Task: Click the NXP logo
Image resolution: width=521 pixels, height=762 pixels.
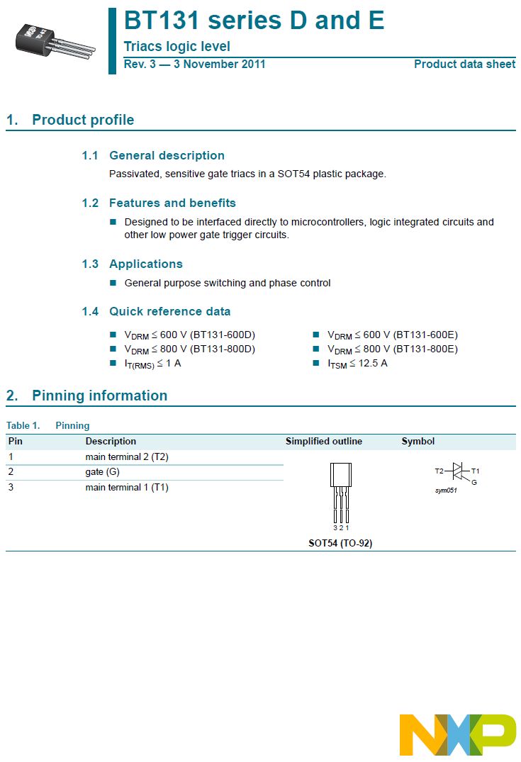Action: click(457, 734)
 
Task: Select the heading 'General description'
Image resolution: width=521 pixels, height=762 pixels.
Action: click(167, 155)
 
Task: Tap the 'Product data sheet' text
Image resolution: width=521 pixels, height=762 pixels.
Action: click(464, 65)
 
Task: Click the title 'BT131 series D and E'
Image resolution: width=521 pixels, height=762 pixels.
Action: click(254, 21)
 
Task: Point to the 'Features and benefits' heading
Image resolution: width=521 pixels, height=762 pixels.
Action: click(172, 203)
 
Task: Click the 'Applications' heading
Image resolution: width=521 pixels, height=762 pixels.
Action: click(145, 264)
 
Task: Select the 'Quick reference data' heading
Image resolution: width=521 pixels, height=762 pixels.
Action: click(169, 311)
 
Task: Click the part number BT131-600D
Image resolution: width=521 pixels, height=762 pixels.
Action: click(225, 335)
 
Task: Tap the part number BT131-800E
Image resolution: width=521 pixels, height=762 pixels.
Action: click(427, 349)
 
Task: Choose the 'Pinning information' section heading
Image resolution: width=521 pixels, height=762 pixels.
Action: click(99, 396)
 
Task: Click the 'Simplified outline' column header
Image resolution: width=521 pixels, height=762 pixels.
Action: click(324, 442)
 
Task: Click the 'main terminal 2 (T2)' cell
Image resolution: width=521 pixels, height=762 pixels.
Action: click(127, 457)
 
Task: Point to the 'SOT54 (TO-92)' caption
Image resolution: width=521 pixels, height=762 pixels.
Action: click(340, 543)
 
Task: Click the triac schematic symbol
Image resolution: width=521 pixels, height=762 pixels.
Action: click(458, 472)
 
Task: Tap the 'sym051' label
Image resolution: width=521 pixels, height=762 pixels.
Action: click(446, 491)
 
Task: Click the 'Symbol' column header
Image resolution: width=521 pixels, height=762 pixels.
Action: click(418, 442)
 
